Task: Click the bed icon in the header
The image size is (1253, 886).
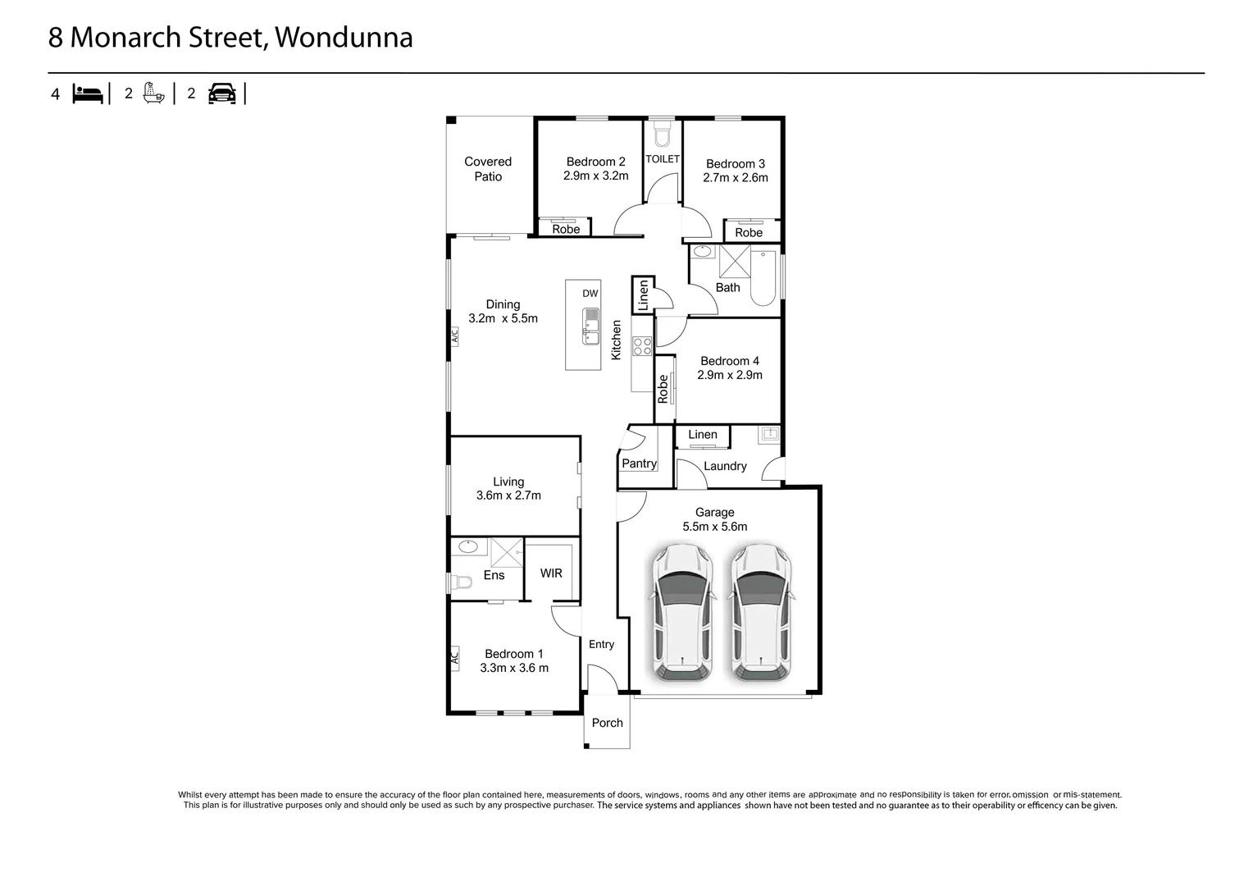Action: click(x=88, y=94)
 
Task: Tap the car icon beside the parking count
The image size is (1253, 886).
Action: click(x=221, y=94)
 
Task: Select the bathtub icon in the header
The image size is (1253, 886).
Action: click(x=153, y=93)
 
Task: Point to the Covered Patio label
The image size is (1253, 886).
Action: click(x=488, y=169)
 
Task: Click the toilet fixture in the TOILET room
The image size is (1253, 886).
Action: click(x=663, y=134)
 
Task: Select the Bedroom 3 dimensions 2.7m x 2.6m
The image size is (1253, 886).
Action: click(x=736, y=178)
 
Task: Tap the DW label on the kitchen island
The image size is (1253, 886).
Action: click(x=590, y=294)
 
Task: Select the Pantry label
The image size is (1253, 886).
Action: click(x=639, y=464)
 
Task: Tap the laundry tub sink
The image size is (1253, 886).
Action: click(x=769, y=434)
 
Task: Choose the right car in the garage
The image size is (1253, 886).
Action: click(x=763, y=611)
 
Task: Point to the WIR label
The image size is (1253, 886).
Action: click(x=551, y=573)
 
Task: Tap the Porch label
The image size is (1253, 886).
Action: click(x=608, y=723)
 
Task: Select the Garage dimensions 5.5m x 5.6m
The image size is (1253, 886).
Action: click(x=715, y=527)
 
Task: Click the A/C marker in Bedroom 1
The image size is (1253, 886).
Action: click(x=453, y=657)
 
